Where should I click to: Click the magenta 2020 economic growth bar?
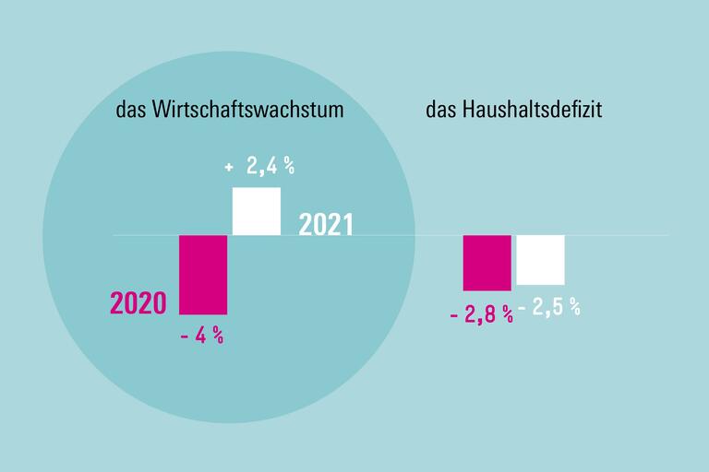click(202, 275)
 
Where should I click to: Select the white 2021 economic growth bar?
click(256, 211)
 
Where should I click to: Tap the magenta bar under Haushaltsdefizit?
click(487, 263)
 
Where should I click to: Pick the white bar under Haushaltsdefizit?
click(540, 260)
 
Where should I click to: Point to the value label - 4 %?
click(202, 336)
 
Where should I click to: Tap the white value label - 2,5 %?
click(549, 308)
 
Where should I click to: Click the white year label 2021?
click(326, 225)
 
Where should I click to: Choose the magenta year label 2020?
click(138, 302)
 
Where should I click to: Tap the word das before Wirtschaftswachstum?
click(130, 111)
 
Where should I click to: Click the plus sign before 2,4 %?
click(229, 168)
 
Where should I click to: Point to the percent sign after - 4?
click(217, 336)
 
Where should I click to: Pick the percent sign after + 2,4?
click(288, 167)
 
